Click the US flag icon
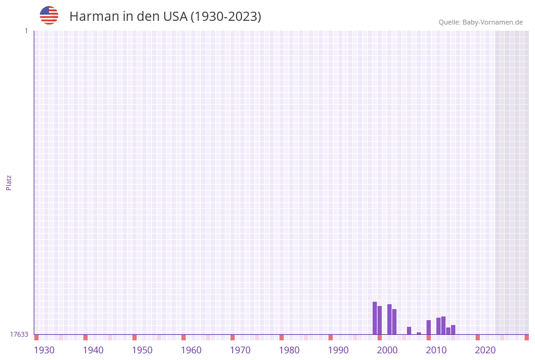(x=49, y=15)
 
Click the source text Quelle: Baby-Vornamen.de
(x=480, y=22)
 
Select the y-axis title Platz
(x=9, y=182)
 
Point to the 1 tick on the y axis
(x=26, y=31)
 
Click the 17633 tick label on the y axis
(x=19, y=334)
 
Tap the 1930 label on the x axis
(x=44, y=350)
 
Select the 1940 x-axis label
(x=93, y=350)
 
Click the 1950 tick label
(x=142, y=350)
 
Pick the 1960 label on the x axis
(x=191, y=350)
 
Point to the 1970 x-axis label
(x=240, y=350)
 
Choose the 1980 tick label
(x=289, y=350)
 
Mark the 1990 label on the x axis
(x=338, y=350)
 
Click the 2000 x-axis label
(x=387, y=350)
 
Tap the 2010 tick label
(x=436, y=350)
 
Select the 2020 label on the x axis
(x=485, y=350)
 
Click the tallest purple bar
(x=374, y=318)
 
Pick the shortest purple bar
(x=419, y=333)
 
